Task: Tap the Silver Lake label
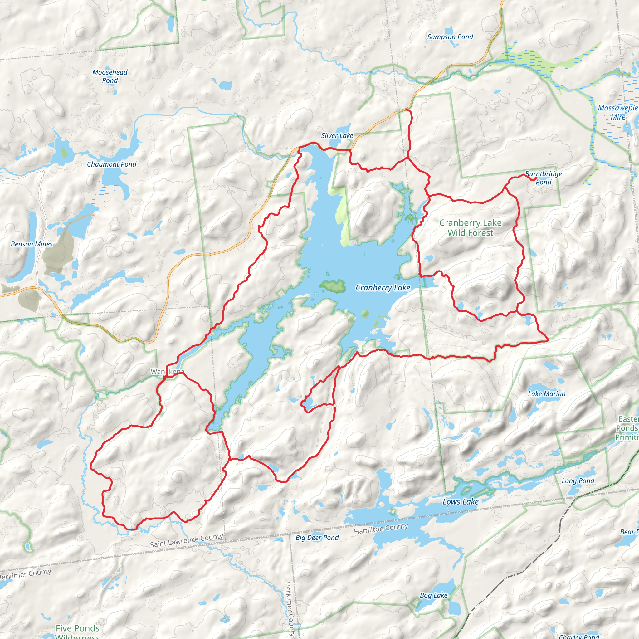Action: point(337,136)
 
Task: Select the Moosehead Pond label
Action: point(110,76)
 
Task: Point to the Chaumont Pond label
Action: point(111,164)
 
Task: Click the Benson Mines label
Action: point(32,244)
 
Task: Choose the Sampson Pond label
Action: point(450,37)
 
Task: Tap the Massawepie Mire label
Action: point(617,112)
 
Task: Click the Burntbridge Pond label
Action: point(544,178)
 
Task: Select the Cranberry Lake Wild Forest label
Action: point(470,228)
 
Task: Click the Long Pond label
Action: point(578,481)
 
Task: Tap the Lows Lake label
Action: point(461,502)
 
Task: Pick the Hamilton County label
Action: point(381,529)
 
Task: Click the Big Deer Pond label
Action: point(317,538)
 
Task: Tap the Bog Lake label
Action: point(433,595)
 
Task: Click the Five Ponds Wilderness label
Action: point(77,631)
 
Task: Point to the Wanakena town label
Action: point(167,372)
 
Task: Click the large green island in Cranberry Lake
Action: point(333,286)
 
